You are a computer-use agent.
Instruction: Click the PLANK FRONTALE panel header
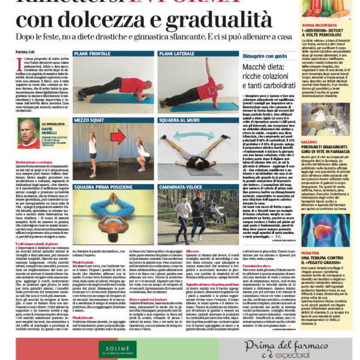[x=94, y=53]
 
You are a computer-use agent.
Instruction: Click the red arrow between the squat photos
[x=118, y=137]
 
